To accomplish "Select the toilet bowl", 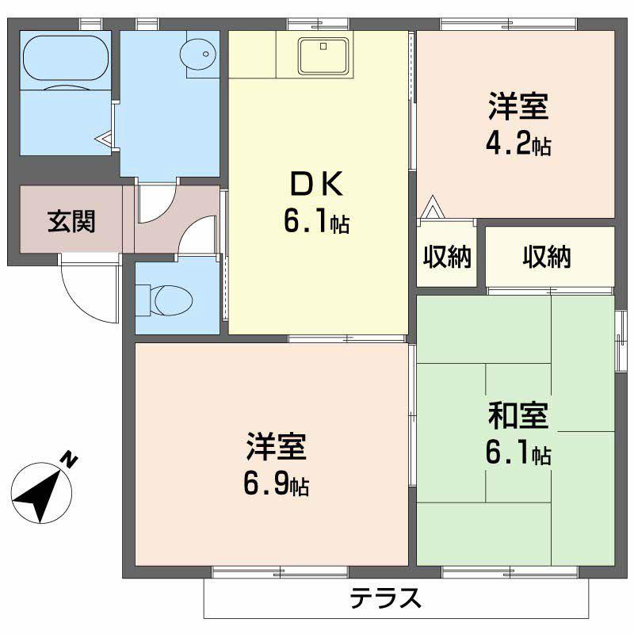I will pos(171,300).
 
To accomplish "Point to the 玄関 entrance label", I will pos(71,221).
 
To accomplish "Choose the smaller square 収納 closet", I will pos(447,257).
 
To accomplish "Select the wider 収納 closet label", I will pos(548,257).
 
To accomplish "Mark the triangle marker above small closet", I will pos(433,208).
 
